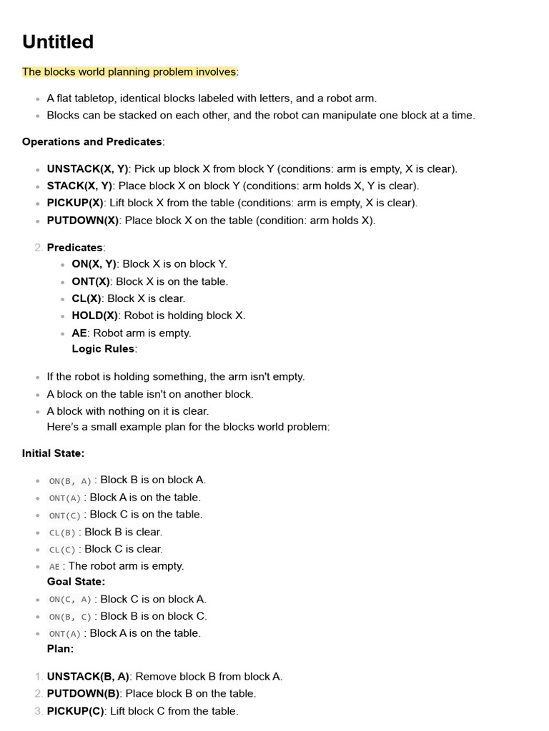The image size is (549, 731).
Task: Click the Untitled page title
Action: click(x=58, y=42)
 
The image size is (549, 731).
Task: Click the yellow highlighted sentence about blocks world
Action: click(x=129, y=72)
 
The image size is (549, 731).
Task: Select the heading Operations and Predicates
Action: click(x=92, y=141)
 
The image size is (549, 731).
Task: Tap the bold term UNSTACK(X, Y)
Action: click(x=87, y=169)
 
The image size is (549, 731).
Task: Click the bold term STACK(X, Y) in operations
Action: click(x=79, y=186)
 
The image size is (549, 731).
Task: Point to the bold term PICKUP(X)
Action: click(x=75, y=203)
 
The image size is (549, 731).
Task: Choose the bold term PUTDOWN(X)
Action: click(x=83, y=221)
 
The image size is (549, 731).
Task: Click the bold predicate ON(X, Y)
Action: click(x=94, y=264)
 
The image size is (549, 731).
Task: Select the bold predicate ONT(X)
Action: click(x=91, y=281)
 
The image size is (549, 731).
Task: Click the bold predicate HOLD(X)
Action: click(x=96, y=316)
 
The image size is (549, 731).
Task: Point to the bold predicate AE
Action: click(x=79, y=333)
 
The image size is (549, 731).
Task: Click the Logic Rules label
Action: click(x=103, y=349)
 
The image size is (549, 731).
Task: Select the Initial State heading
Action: click(x=53, y=453)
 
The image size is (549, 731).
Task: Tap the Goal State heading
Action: click(x=76, y=582)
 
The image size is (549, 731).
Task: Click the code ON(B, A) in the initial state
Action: click(x=70, y=481)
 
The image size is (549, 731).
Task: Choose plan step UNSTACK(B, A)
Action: click(x=88, y=677)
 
